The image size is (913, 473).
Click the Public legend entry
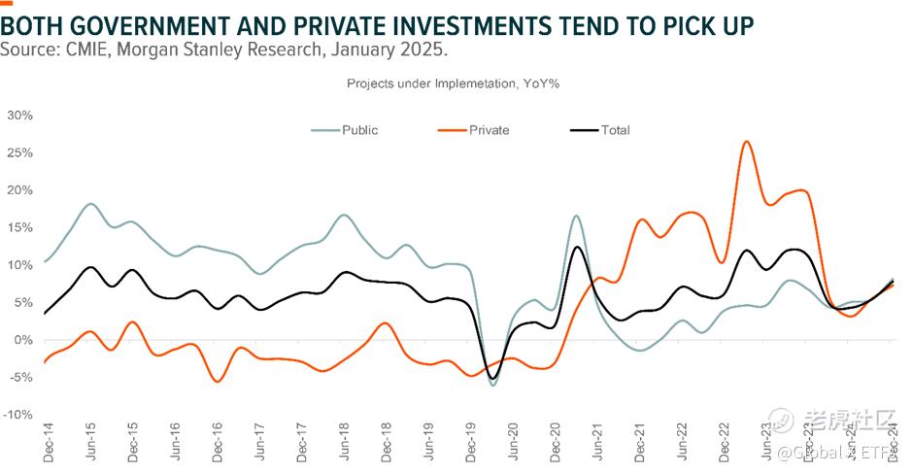(359, 130)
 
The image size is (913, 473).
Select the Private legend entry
(489, 130)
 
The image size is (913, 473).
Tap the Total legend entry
(615, 130)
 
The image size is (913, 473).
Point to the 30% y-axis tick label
(19, 116)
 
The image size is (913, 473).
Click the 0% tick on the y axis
(23, 340)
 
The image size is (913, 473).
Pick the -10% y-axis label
(17, 415)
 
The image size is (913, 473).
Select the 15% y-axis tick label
(19, 227)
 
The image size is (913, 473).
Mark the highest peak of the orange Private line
(746, 142)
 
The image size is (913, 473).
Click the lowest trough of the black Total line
(493, 378)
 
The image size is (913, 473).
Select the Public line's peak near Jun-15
(90, 204)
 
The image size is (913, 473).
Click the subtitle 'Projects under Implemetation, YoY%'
(454, 84)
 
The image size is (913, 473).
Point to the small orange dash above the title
(7, 3)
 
